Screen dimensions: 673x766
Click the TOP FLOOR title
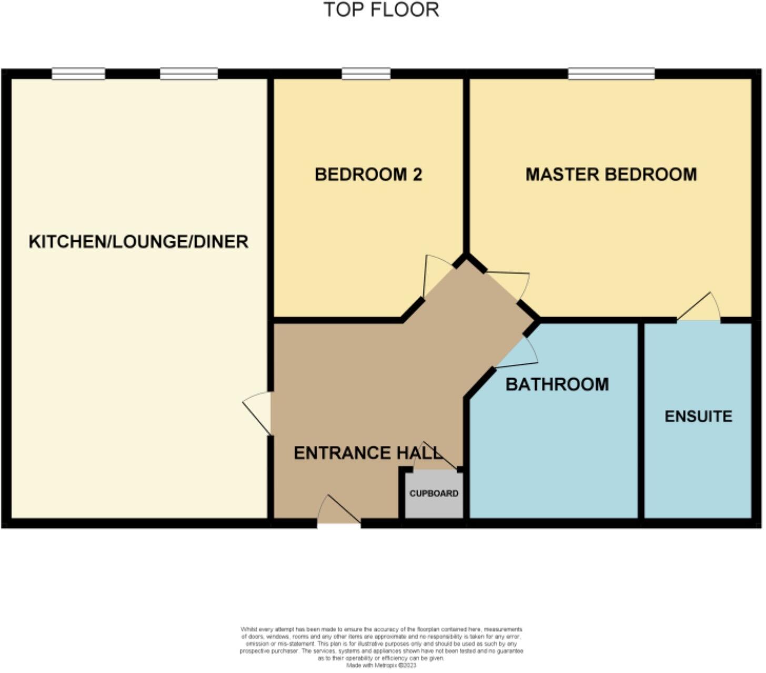tap(381, 10)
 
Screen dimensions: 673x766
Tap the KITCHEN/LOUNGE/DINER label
tap(138, 242)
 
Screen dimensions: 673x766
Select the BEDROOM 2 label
tap(368, 175)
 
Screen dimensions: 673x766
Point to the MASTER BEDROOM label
tap(611, 175)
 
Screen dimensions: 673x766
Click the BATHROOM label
tap(557, 384)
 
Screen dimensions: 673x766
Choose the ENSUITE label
tap(698, 416)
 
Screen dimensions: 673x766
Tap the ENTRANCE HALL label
tap(367, 453)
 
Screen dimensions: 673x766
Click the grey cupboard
tap(434, 494)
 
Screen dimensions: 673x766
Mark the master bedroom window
tap(611, 74)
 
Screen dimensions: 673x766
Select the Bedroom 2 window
tap(366, 74)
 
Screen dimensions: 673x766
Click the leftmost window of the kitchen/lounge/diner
tap(78, 74)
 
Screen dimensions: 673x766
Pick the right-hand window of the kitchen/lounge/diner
tap(189, 74)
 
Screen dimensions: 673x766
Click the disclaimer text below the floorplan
tap(381, 647)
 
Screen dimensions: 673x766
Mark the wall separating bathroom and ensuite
tap(641, 421)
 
